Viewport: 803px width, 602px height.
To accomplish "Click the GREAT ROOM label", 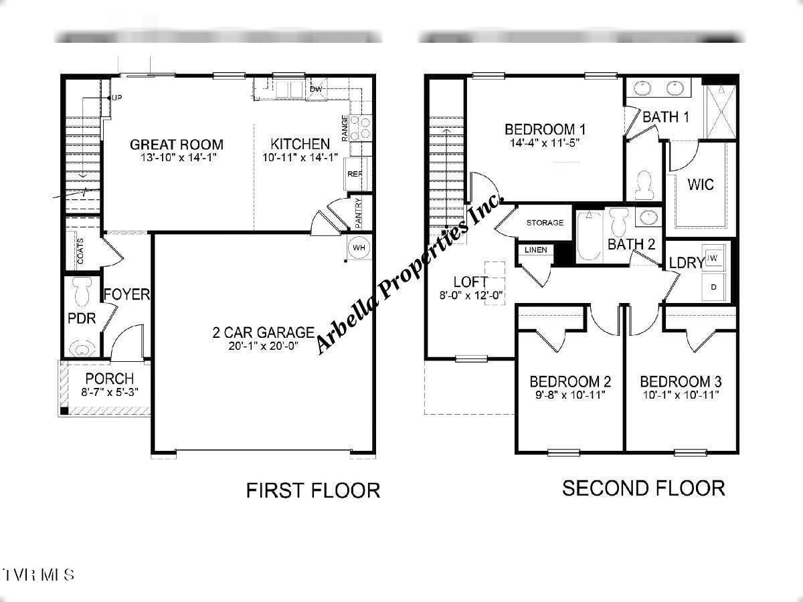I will (177, 144).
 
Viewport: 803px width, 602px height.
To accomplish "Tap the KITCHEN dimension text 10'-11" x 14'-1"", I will (300, 157).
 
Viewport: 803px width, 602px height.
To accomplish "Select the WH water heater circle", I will (359, 247).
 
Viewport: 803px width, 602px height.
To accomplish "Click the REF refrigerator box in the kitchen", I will (354, 175).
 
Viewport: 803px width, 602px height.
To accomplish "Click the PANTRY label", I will (359, 211).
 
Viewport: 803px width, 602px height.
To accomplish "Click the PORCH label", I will (110, 379).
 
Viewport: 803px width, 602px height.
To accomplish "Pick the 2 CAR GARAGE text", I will (263, 332).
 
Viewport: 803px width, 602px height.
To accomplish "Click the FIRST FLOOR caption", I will (313, 490).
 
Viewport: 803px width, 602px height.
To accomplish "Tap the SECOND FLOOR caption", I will (643, 488).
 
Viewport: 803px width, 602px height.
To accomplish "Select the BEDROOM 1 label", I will (545, 129).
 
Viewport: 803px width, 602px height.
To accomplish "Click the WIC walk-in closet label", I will (700, 185).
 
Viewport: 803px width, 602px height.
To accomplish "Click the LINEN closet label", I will (536, 250).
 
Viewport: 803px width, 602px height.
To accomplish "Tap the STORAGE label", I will (545, 223).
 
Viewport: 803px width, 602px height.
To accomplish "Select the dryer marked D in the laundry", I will (713, 286).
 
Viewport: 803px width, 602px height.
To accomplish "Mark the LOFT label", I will (470, 282).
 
